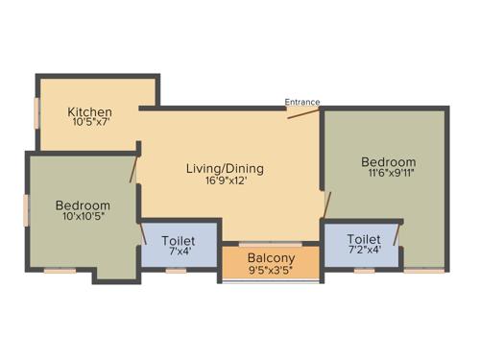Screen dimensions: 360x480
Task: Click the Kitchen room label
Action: [90, 111]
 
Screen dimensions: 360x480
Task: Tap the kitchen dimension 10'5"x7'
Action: [90, 123]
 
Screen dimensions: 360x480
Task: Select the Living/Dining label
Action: [225, 168]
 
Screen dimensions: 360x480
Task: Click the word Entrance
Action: [302, 102]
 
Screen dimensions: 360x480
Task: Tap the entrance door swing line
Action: [303, 112]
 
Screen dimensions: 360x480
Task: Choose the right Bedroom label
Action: [389, 161]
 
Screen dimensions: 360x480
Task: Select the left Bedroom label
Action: [83, 205]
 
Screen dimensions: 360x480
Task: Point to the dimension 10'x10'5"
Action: [83, 218]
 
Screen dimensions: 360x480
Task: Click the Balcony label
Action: [271, 258]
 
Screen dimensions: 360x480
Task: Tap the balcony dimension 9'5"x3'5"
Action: [271, 271]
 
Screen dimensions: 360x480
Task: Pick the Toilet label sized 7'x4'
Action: [179, 240]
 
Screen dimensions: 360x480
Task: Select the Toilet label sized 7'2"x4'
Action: [364, 238]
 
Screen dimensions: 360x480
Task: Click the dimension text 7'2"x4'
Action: [364, 251]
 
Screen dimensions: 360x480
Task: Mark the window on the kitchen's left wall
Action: [37, 111]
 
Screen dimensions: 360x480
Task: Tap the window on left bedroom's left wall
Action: [27, 209]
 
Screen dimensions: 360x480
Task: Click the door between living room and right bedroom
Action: [326, 204]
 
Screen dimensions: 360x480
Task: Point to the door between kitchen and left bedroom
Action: [134, 168]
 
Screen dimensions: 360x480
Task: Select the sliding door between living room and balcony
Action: [270, 244]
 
